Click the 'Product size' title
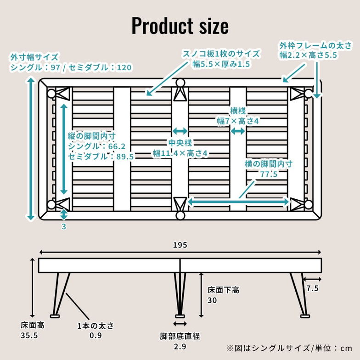[180, 26]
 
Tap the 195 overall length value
[180, 245]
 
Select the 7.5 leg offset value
[312, 289]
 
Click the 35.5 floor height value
[29, 336]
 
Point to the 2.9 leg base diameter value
[180, 347]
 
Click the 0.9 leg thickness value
[95, 336]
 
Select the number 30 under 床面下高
[212, 301]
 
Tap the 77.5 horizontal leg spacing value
[269, 174]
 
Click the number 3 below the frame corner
[63, 226]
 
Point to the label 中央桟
[180, 143]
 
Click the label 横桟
[238, 111]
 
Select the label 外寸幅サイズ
[34, 57]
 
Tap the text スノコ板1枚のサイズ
[221, 54]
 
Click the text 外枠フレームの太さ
[315, 45]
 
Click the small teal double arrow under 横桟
[238, 131]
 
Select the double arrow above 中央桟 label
[180, 131]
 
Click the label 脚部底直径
[180, 336]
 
